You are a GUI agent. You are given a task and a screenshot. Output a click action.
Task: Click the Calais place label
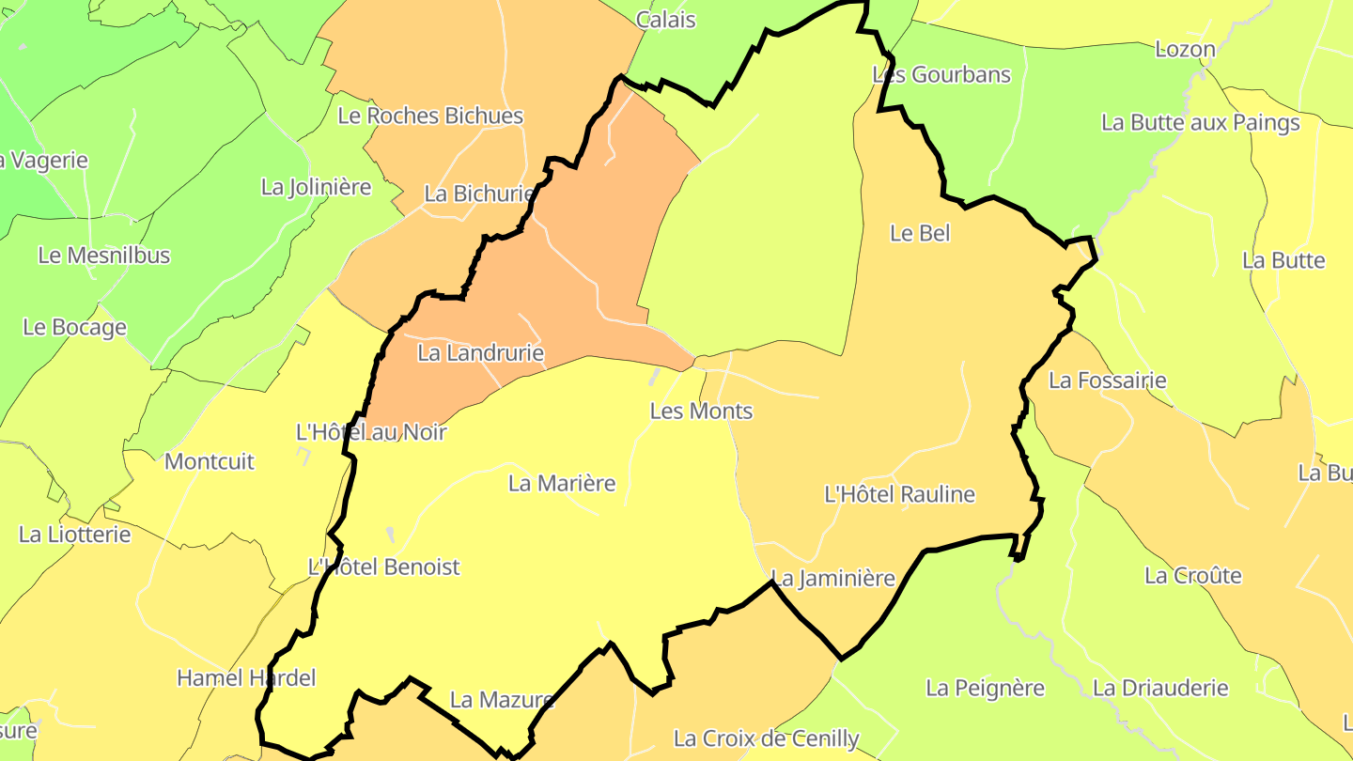pos(665,20)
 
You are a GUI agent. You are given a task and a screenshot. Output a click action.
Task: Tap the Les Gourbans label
pos(941,75)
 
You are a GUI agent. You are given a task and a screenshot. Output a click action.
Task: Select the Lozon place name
pos(1185,50)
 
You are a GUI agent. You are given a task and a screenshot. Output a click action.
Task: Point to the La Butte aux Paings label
pos(1200,123)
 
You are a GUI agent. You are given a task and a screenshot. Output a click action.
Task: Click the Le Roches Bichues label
pos(430,116)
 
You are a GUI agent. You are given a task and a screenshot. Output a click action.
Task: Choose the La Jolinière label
pos(316,188)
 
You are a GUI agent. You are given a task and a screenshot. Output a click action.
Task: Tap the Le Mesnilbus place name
pos(103,256)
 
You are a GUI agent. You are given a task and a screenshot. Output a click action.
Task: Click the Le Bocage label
pos(74,328)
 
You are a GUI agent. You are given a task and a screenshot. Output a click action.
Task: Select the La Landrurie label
pos(480,354)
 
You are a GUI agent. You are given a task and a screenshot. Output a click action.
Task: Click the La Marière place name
pos(562,484)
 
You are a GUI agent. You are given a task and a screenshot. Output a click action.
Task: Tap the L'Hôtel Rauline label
pos(899,495)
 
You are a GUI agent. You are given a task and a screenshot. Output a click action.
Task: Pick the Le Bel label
pos(920,234)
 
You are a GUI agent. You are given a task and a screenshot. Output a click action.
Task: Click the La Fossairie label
pos(1107,381)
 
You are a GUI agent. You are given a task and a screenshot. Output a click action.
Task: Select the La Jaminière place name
pos(832,579)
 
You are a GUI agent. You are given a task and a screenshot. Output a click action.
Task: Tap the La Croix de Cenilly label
pos(766,739)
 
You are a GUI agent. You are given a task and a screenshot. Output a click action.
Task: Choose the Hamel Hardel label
pos(246,678)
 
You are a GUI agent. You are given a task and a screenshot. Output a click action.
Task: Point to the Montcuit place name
pos(209,462)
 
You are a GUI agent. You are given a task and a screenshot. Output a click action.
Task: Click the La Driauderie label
pos(1159,689)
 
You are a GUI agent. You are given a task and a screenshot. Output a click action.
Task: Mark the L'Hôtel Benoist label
pos(384,567)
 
